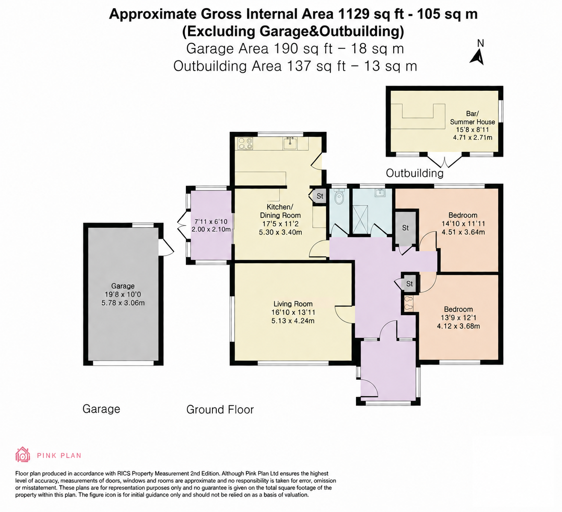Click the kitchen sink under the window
[290, 143]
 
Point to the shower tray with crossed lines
[360, 220]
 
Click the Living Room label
[293, 304]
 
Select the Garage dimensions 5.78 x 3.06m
[123, 303]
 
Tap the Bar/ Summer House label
[472, 118]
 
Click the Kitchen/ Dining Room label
[280, 211]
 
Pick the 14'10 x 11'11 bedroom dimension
[463, 224]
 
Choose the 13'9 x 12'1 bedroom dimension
[458, 318]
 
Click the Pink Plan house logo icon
[23, 455]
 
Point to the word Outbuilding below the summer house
[415, 173]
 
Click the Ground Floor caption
[220, 410]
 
